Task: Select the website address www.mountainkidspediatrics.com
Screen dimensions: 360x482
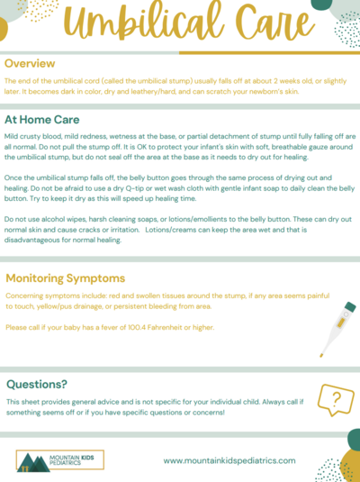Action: pos(229,459)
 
